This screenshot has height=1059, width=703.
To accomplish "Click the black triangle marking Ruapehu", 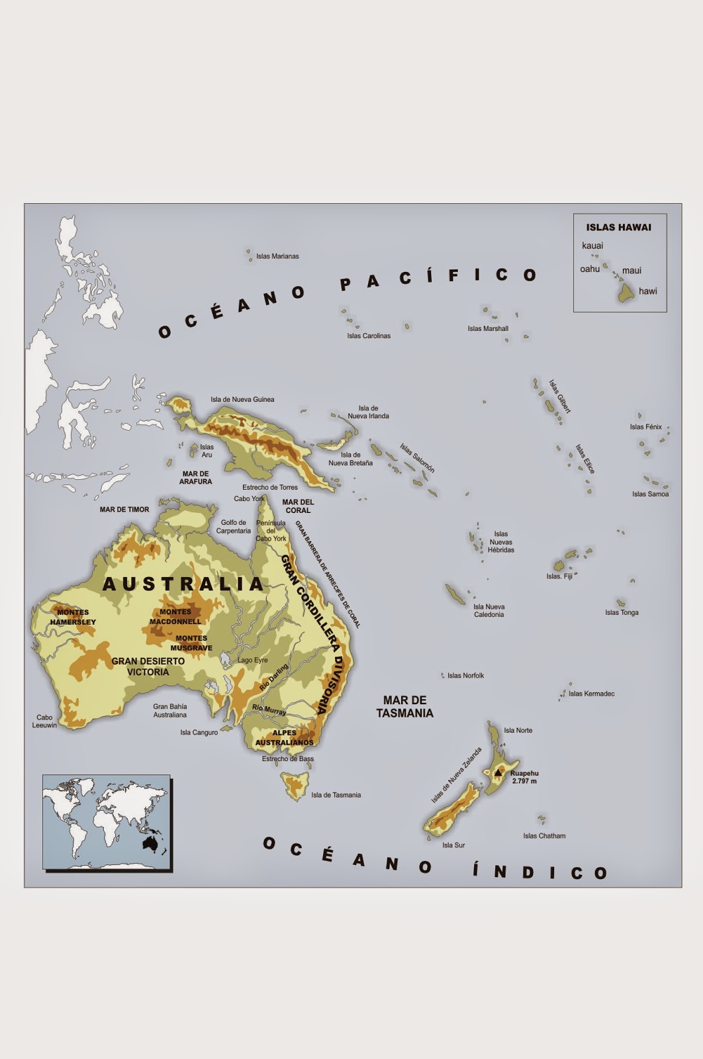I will coord(498,772).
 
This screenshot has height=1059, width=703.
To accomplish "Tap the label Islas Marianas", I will coord(277,256).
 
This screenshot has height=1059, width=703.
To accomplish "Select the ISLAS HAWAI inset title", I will coord(618,227).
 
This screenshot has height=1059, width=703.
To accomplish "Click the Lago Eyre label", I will coord(253,660).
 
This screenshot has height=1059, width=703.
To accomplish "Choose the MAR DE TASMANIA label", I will coord(404,706).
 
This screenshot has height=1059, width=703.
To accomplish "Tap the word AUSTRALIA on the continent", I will coord(183,584).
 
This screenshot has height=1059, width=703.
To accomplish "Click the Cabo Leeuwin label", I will coord(44,721).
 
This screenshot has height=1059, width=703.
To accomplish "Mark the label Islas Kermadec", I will coord(591,694).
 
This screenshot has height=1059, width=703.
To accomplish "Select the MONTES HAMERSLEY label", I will coord(73,617).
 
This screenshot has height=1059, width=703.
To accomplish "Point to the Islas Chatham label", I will coord(544,836).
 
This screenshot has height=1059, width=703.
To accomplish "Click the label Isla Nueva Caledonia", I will coord(489,610).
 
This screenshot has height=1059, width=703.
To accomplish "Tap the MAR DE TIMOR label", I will coord(124,510).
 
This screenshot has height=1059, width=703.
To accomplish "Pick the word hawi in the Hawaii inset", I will coord(647,291).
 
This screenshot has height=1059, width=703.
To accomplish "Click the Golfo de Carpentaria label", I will coord(233,526).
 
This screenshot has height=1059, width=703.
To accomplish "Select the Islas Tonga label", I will coord(622,612).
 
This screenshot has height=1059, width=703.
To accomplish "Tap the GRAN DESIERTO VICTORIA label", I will coord(148,667).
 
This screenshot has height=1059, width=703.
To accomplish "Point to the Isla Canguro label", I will coord(199,733).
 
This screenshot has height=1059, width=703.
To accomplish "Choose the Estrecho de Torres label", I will coord(269,487).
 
